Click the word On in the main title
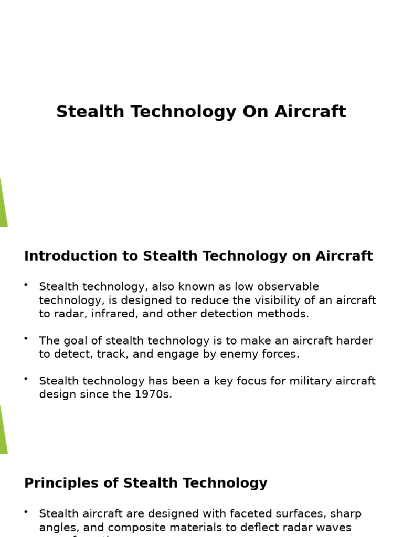[254, 112]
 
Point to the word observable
[291, 287]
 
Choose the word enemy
[240, 354]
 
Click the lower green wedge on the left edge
[3, 431]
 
